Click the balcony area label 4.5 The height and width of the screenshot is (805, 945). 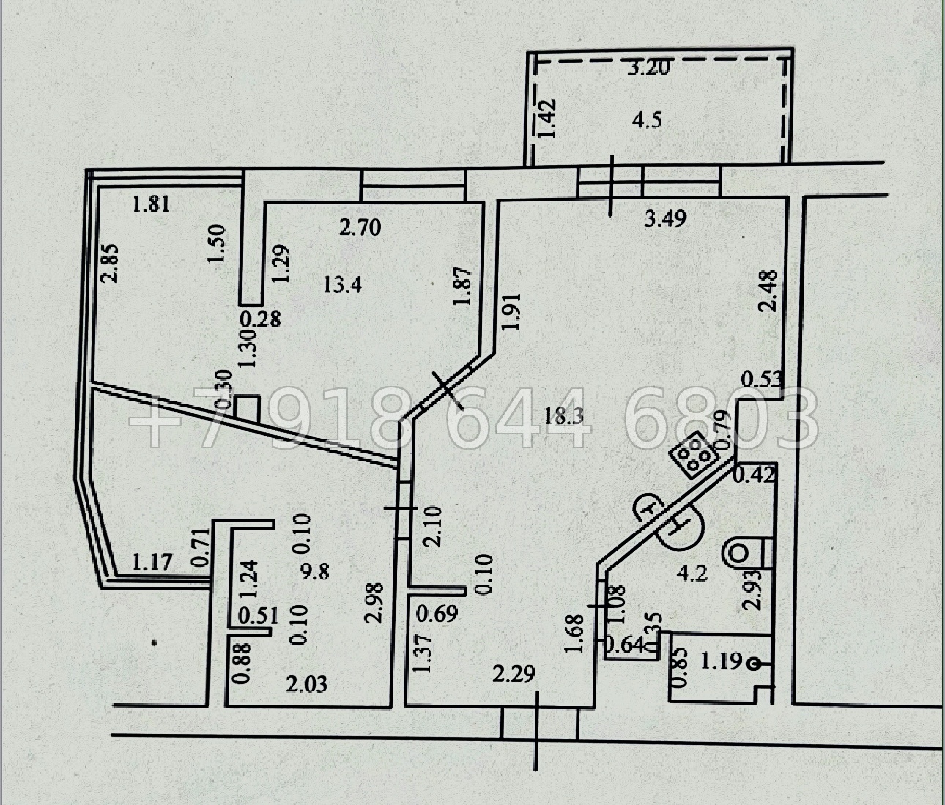(x=647, y=121)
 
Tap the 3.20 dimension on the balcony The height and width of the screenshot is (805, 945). (x=649, y=67)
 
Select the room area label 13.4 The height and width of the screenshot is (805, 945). (x=342, y=285)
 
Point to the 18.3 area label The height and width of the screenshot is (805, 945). (x=564, y=417)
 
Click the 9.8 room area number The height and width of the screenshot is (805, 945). (x=314, y=571)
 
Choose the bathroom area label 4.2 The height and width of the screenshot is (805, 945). (x=694, y=573)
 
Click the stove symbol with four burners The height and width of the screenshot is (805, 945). (x=693, y=454)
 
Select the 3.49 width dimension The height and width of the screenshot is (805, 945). (x=665, y=218)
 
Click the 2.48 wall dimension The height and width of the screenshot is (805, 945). (x=767, y=291)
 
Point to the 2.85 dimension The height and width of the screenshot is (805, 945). (x=111, y=263)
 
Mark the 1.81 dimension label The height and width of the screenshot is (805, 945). (x=151, y=204)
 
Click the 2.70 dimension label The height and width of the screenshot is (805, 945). (x=360, y=227)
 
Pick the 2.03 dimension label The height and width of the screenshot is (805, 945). (x=306, y=684)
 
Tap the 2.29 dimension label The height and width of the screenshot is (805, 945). (x=514, y=674)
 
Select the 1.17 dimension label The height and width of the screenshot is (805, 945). (x=152, y=561)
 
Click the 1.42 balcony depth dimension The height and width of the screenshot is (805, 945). (x=546, y=118)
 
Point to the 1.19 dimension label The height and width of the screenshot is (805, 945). (x=721, y=661)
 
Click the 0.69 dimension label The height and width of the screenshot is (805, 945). (x=437, y=614)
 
